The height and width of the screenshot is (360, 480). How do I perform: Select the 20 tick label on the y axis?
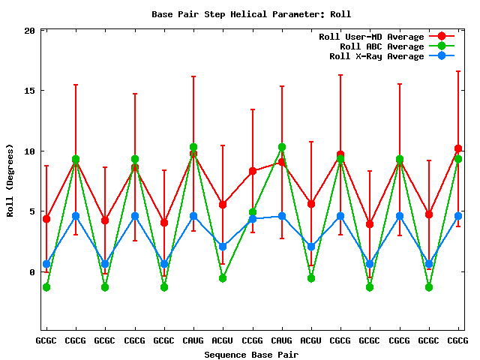[29, 31]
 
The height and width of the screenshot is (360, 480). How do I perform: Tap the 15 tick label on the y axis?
[29, 91]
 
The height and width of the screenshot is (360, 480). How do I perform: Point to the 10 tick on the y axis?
[29, 151]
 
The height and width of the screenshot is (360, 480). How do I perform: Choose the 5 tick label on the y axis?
[32, 211]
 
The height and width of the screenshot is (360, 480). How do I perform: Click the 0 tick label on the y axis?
[32, 272]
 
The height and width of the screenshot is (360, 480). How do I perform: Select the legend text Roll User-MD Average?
[371, 37]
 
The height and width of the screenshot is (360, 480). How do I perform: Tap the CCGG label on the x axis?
[253, 340]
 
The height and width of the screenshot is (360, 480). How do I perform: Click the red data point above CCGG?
[253, 171]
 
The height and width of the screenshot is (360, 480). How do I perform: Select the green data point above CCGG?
[253, 212]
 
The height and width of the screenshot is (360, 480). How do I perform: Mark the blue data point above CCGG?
[253, 219]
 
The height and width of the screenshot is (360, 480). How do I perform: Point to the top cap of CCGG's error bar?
[253, 109]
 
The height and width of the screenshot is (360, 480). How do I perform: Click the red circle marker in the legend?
[441, 37]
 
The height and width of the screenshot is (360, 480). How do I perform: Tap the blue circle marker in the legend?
[441, 56]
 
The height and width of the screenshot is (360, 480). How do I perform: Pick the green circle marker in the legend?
[441, 46]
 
